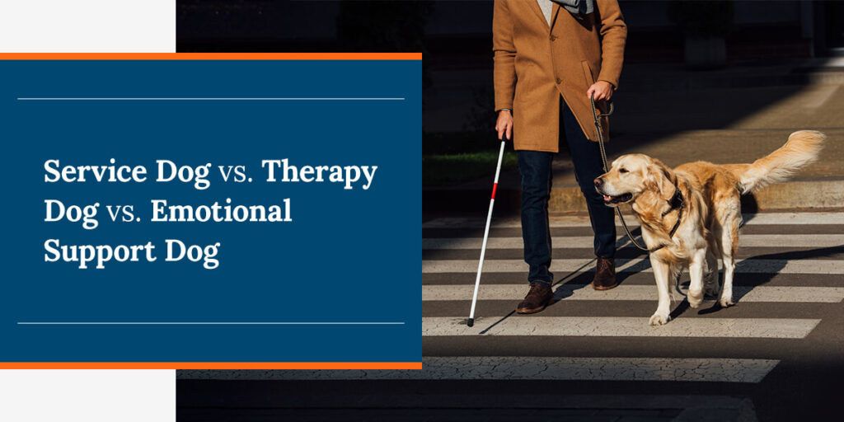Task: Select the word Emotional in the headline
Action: tap(221, 211)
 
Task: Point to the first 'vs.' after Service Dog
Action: tap(237, 174)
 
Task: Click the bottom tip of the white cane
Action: tap(470, 323)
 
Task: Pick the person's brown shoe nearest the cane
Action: tap(535, 298)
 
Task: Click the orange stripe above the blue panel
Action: tap(211, 57)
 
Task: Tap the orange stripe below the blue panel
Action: tap(211, 365)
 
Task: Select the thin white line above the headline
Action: tap(211, 99)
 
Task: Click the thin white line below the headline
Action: tap(211, 323)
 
